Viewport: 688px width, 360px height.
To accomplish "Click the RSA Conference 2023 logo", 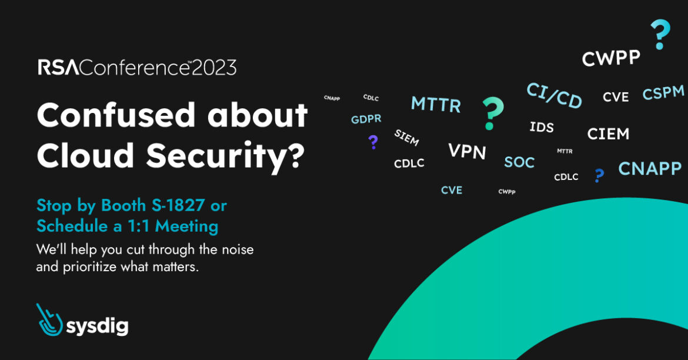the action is click(x=138, y=68).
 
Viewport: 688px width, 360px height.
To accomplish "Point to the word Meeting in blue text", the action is click(x=186, y=226).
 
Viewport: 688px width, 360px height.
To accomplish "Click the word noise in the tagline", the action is click(x=238, y=249).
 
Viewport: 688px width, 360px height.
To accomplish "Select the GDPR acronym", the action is click(x=366, y=119).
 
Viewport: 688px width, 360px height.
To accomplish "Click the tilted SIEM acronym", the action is click(x=406, y=138).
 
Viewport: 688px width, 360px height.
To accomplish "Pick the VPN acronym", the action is click(x=467, y=151).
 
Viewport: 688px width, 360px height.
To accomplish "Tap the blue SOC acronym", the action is click(x=519, y=162).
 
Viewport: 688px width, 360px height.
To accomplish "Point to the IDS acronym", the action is click(x=542, y=127).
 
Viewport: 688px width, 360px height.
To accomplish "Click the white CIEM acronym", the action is click(x=608, y=134).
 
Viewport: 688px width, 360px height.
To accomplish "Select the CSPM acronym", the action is click(x=663, y=92).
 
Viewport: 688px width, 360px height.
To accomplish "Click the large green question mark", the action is click(x=492, y=114).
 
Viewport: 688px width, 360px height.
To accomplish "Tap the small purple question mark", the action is click(x=373, y=142).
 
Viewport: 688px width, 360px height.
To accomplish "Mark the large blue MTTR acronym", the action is click(x=436, y=105).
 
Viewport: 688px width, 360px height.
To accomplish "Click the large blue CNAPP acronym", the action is click(x=650, y=169).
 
